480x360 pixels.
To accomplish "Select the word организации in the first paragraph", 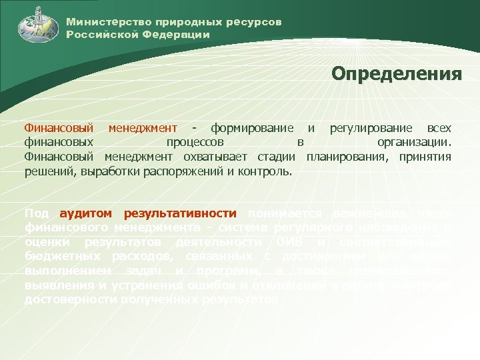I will point(413,142).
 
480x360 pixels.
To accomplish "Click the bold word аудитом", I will point(87,213).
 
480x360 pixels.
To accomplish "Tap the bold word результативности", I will point(180,213).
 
